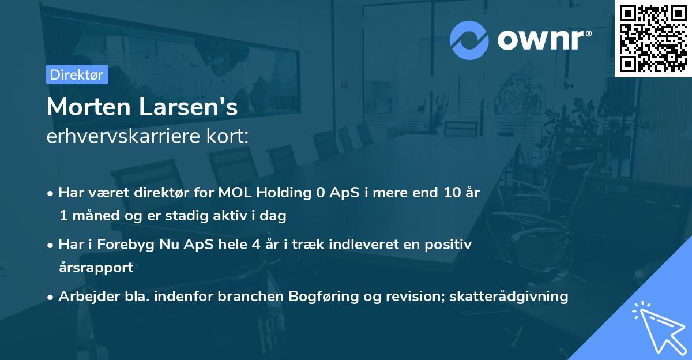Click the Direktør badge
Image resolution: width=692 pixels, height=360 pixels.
77,74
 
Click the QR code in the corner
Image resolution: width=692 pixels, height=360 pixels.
653,38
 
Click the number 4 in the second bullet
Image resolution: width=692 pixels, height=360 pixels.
255,245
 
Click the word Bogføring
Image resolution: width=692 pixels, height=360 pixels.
331,297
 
